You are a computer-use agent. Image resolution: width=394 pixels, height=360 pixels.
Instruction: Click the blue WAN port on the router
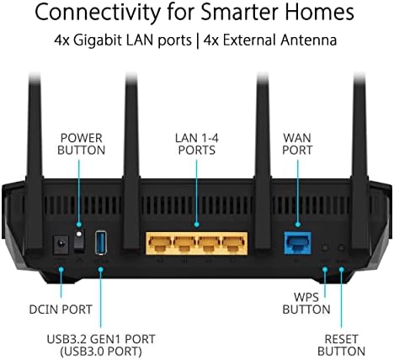point(297,243)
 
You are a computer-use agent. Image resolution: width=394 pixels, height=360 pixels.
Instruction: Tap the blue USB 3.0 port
point(101,242)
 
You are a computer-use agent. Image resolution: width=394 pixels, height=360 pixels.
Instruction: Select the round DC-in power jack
point(61,245)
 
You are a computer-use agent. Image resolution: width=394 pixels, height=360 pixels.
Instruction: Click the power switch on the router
point(79,239)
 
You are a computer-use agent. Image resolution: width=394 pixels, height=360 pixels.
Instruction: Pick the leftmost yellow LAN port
point(160,243)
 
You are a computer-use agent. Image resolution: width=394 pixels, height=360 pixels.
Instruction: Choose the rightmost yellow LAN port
point(233,243)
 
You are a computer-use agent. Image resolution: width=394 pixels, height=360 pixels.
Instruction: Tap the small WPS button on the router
point(325,247)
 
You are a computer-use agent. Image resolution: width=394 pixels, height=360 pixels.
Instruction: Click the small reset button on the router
point(341,247)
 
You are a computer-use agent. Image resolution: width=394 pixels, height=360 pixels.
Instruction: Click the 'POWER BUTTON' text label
point(82,144)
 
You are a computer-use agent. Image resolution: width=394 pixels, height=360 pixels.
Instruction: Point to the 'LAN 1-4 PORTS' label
point(197,144)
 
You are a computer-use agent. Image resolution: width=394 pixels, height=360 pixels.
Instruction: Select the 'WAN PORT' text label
point(297,144)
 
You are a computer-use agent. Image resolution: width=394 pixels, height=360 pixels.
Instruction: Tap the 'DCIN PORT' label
point(61,310)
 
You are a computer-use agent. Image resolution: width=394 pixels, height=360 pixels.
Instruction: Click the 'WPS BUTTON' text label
point(306,304)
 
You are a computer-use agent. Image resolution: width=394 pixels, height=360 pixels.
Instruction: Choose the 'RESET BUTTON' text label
point(341,345)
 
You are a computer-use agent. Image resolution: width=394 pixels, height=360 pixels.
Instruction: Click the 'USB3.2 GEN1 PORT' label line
point(101,339)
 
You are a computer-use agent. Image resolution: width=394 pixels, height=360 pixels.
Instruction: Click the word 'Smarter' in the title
point(240,12)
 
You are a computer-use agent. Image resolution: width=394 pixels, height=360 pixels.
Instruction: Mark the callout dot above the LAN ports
point(196,225)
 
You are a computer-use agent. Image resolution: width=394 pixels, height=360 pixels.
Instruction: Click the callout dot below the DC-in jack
point(61,269)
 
